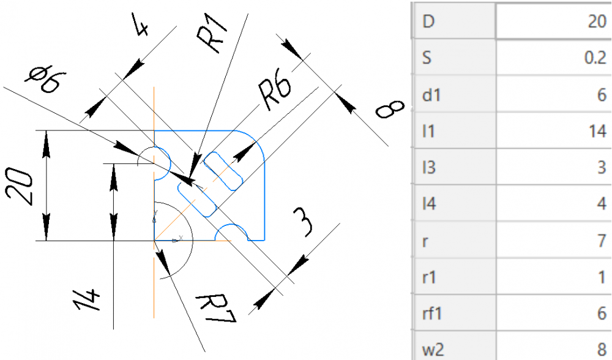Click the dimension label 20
pyautogui.click(x=19, y=187)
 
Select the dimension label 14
pyautogui.click(x=88, y=300)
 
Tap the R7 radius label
pyautogui.click(x=216, y=309)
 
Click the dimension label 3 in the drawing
pyautogui.click(x=304, y=222)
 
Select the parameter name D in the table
pyautogui.click(x=428, y=21)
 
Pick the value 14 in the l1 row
pyautogui.click(x=597, y=131)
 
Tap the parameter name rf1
pyautogui.click(x=432, y=313)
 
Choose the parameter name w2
pyautogui.click(x=433, y=349)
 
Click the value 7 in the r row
pyautogui.click(x=602, y=241)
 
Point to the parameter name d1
pyautogui.click(x=431, y=94)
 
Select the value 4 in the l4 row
pyautogui.click(x=602, y=204)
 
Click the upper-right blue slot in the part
pyautogui.click(x=223, y=171)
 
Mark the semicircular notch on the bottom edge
pyautogui.click(x=231, y=226)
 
